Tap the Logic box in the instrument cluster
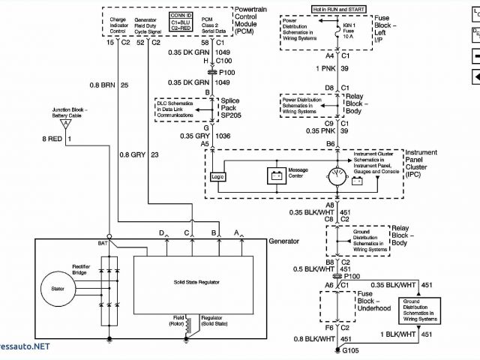pos(217,177)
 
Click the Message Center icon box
pos(276,175)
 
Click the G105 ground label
pos(351,350)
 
